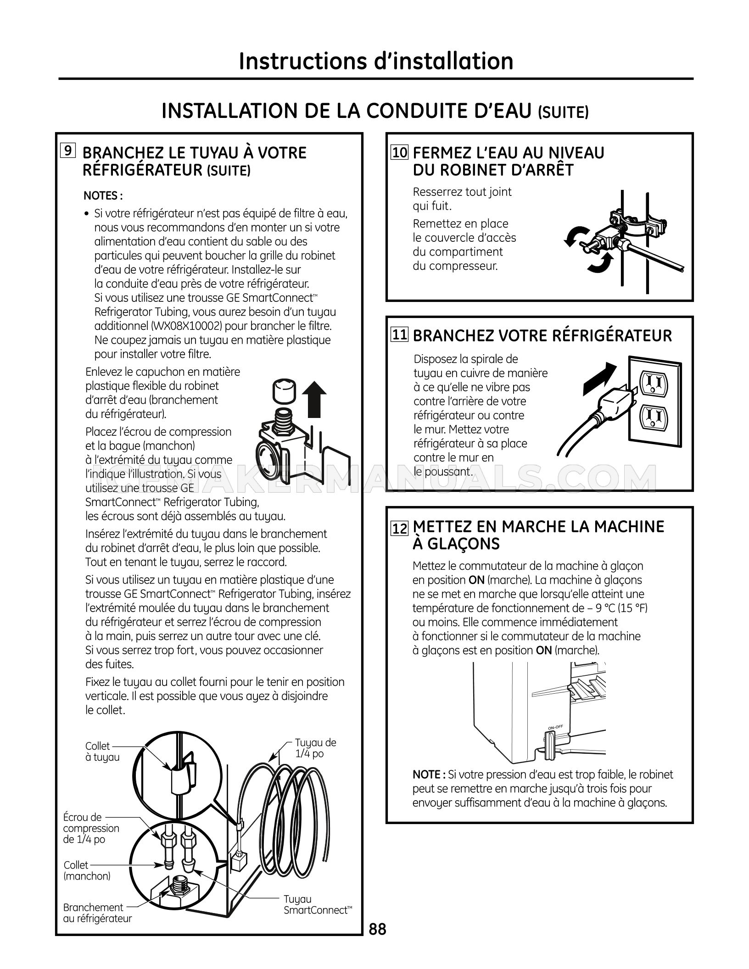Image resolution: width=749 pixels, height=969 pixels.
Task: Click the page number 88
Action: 378,930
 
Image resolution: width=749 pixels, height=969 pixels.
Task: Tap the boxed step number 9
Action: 67,151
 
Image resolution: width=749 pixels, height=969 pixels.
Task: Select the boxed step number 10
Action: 400,152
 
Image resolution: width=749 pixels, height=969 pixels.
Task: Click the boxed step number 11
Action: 400,334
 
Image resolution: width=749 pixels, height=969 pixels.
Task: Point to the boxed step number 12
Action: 400,529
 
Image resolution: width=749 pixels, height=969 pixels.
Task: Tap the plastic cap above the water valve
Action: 283,391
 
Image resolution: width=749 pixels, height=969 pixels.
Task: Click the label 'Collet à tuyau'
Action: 102,752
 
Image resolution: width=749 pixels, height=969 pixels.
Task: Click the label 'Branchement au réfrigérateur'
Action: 97,913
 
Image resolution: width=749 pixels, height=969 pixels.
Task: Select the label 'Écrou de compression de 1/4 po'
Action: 91,828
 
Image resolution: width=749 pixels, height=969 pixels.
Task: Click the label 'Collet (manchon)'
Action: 87,870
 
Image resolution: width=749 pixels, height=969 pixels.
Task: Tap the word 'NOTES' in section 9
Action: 101,196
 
